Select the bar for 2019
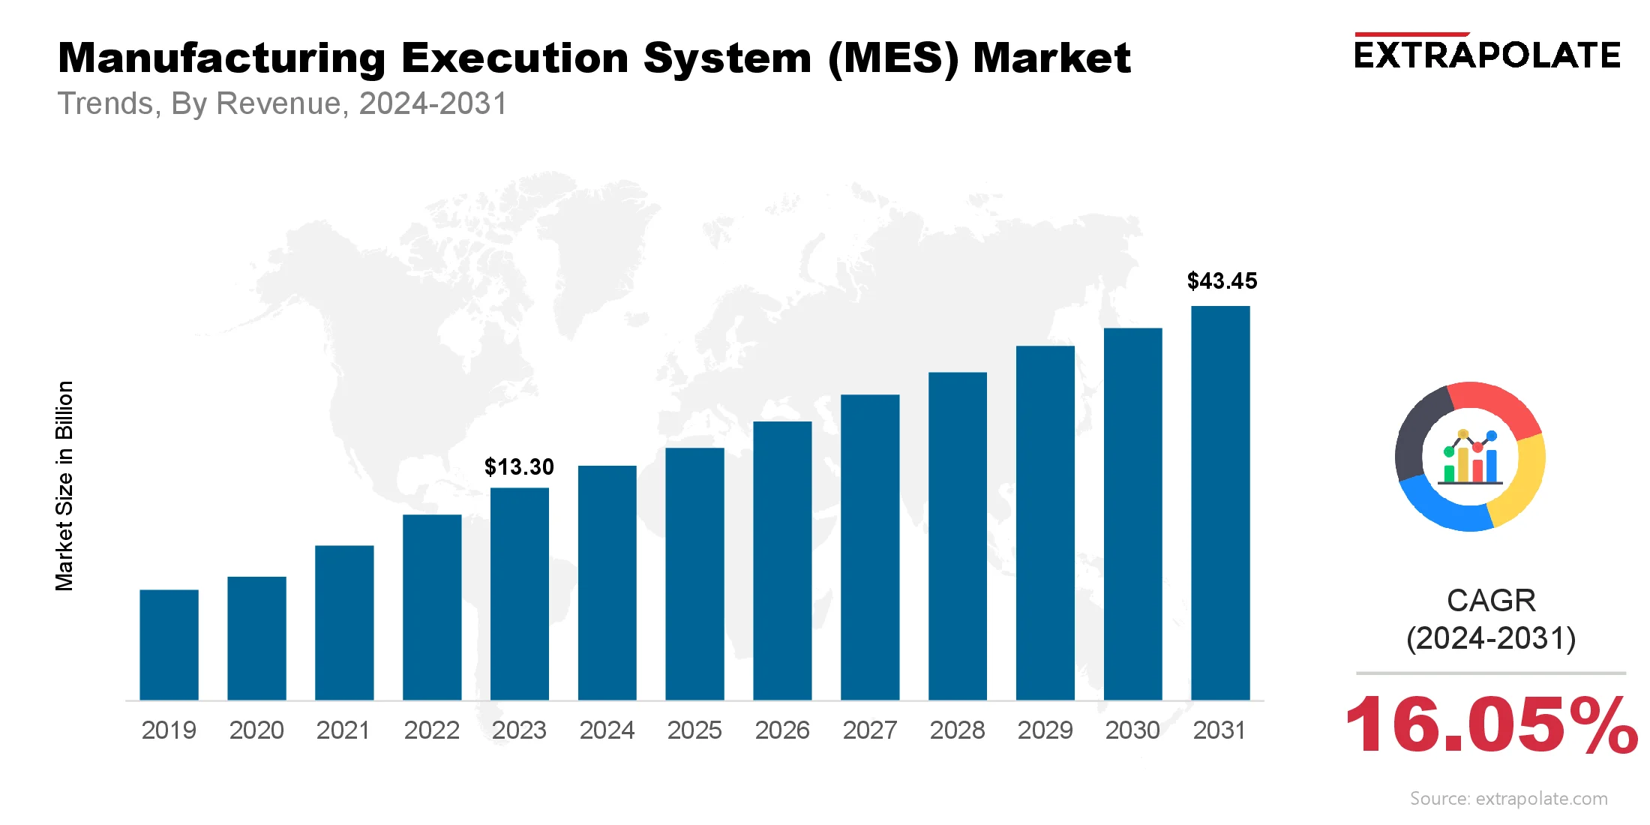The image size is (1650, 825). pos(169,645)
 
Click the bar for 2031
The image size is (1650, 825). pos(1220,502)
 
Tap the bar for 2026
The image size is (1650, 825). pos(782,561)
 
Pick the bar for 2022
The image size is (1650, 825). pos(432,607)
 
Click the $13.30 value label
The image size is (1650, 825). pos(519,467)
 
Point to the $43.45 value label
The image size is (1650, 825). pos(1222,281)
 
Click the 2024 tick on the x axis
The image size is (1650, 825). pos(607,730)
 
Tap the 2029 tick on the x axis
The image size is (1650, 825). pos(1045,730)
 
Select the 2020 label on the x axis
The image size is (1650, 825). pos(256,730)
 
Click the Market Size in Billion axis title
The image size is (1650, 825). pos(64,486)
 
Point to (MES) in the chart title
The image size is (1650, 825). pos(892,58)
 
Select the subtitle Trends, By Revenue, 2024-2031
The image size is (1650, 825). pos(283,103)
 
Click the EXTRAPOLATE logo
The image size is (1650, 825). pos(1487,54)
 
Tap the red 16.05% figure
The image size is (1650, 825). pos(1491,724)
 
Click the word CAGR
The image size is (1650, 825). pos(1491,601)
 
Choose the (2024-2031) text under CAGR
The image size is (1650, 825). pos(1491,638)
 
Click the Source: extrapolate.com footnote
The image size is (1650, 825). pos(1508,799)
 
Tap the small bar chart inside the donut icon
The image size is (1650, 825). pos(1471,459)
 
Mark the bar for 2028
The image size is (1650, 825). pos(957,536)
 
